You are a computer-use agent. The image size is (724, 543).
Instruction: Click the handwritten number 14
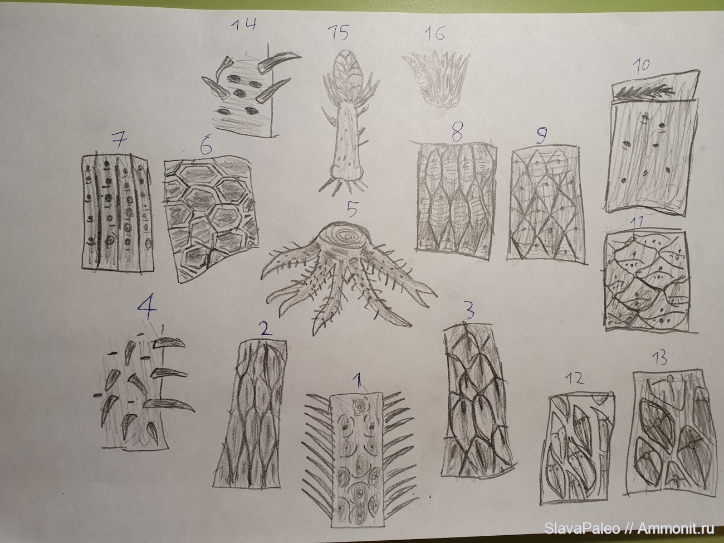click(243, 25)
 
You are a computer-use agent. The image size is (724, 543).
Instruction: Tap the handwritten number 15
click(339, 33)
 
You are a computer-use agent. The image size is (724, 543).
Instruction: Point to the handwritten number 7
click(119, 141)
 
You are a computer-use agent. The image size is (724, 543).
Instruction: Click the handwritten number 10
click(640, 66)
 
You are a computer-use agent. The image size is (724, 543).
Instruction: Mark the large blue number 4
click(148, 309)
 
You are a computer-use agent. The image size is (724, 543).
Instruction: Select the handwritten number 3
click(469, 311)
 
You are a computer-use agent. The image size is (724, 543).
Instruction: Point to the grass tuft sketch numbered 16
click(436, 79)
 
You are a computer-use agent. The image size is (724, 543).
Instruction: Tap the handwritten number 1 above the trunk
click(358, 383)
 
